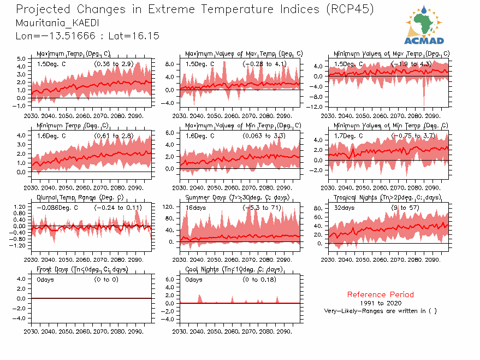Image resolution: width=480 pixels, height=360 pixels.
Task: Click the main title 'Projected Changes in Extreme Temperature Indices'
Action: pos(164,9)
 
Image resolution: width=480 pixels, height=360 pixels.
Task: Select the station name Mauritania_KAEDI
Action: pos(53,23)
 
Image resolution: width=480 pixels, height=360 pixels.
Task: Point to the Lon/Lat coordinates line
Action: pos(87,36)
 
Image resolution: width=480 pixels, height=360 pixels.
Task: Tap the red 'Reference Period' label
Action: pos(380,294)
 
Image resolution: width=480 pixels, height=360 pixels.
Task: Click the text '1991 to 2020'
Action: pos(380,303)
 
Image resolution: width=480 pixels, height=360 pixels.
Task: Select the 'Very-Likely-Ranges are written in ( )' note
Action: pos(380,311)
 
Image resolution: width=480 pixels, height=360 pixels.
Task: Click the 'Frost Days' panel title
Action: pos(82,269)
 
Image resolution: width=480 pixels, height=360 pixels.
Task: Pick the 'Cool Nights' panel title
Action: pos(234,269)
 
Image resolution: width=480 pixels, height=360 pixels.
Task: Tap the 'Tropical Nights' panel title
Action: pos(387,197)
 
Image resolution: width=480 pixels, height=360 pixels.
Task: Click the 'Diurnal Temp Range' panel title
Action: pos(80,197)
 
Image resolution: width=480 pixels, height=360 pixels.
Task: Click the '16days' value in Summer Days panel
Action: pos(194,208)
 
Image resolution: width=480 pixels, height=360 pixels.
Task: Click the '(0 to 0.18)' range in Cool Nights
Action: pos(259,280)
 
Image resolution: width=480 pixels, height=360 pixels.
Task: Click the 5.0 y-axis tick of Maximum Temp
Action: pos(22,58)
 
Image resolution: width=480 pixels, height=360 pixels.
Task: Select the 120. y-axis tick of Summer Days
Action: pos(169,206)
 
